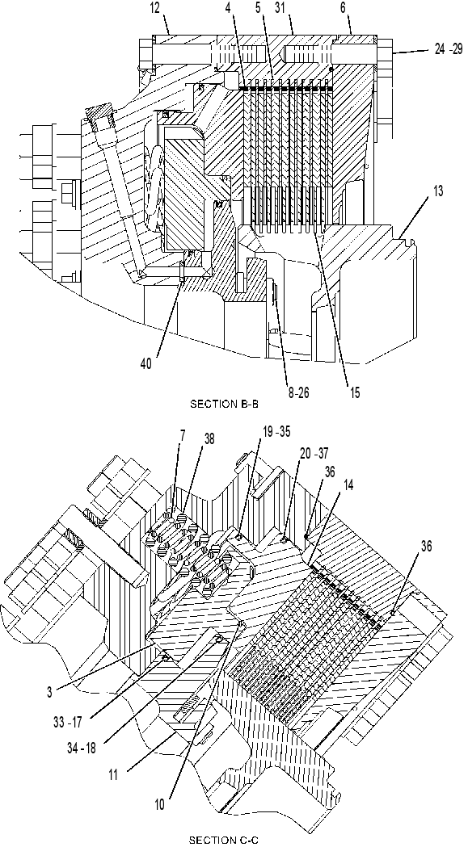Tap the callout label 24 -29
449,50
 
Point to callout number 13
438,191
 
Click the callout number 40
145,364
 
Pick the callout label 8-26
298,393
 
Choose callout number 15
354,393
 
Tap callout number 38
208,440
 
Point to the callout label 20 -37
314,455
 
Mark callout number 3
49,693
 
